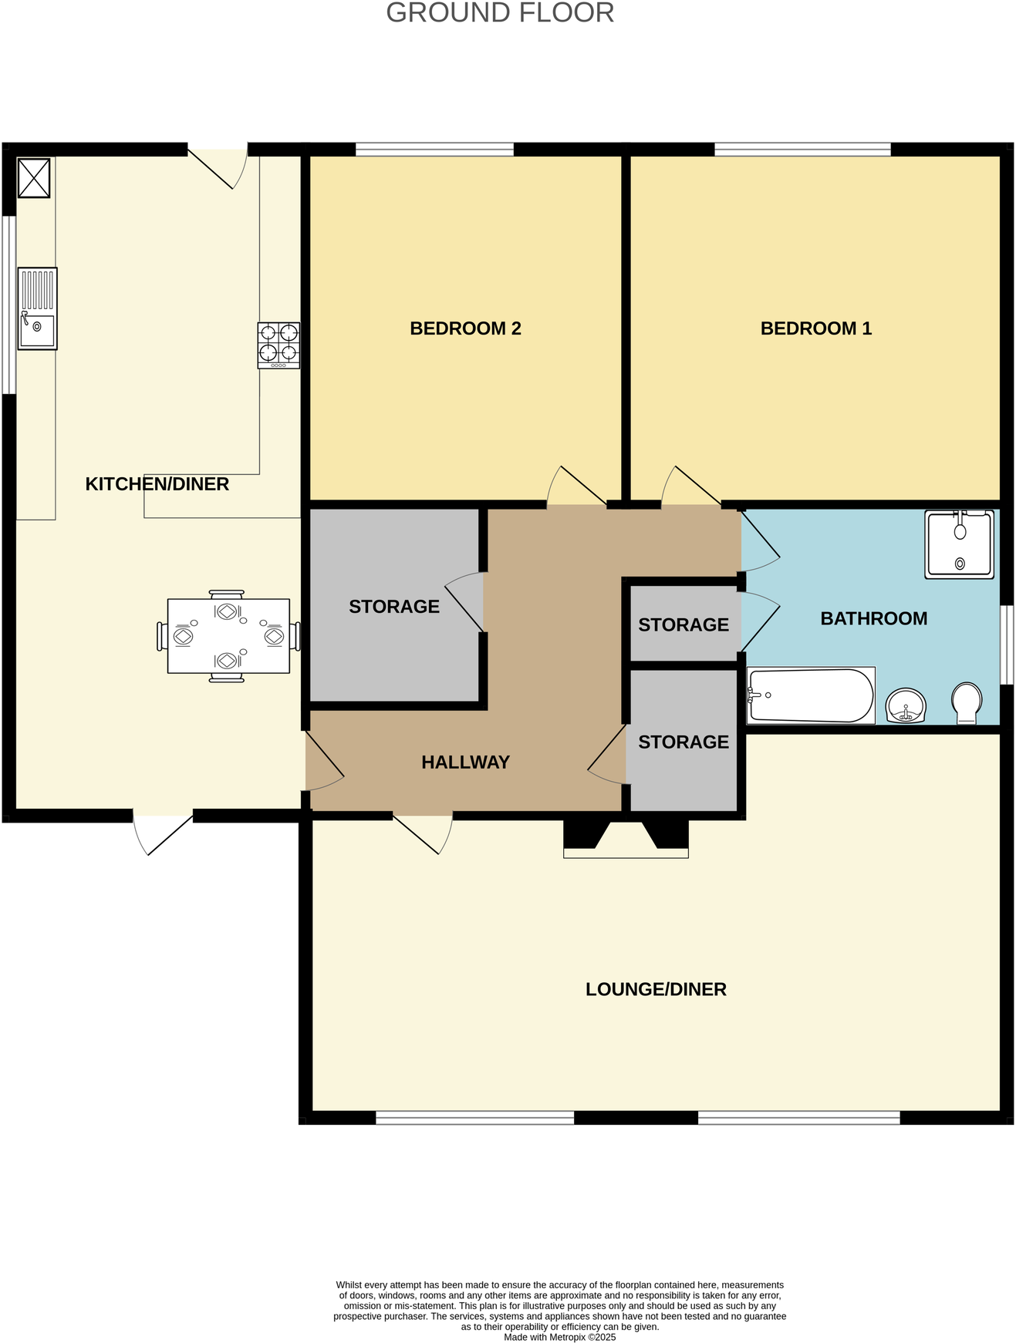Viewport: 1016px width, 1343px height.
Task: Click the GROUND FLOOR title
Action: (x=500, y=13)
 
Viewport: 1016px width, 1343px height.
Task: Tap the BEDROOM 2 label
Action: (x=465, y=328)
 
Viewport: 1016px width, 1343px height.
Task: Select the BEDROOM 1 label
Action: (x=815, y=328)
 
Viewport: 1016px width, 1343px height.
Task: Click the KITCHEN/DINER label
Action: (x=157, y=484)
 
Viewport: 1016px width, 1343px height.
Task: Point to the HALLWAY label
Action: (x=465, y=762)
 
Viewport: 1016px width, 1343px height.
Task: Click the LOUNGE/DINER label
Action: (x=656, y=989)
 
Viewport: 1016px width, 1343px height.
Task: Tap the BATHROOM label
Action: (x=873, y=618)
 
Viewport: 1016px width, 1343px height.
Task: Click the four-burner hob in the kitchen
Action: (x=278, y=345)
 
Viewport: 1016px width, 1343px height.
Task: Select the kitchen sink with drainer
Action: (x=37, y=308)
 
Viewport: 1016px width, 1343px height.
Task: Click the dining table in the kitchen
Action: (x=228, y=636)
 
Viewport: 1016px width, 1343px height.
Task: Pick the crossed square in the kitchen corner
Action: (x=34, y=178)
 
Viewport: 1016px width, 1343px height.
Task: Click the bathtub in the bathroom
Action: (x=810, y=695)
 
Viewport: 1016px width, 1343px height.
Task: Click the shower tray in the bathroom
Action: (x=959, y=544)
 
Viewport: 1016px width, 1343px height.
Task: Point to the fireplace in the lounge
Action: (x=626, y=839)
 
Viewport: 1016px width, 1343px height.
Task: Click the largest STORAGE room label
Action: (x=393, y=607)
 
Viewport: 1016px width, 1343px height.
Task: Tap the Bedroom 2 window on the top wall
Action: (x=434, y=149)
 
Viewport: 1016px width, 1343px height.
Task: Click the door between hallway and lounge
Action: (x=423, y=832)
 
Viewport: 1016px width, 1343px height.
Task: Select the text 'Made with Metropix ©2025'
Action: (x=559, y=1337)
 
